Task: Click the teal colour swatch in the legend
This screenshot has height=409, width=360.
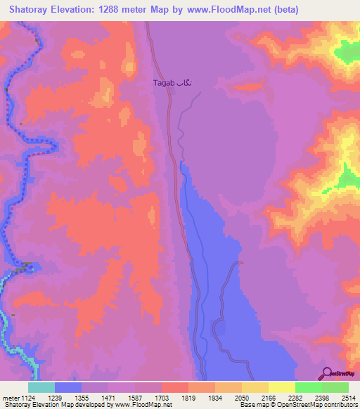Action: (x=41, y=387)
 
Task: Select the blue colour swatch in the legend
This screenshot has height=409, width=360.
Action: (x=68, y=387)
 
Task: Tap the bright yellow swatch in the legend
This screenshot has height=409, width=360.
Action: (x=282, y=387)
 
